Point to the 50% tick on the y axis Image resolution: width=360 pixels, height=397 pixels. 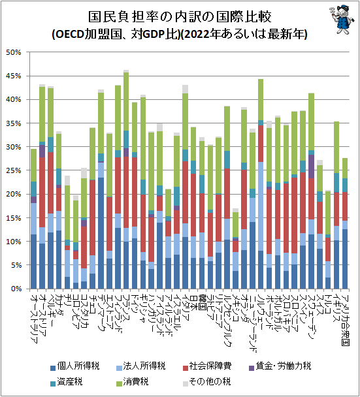[14, 52]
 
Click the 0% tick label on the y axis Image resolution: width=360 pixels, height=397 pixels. [16, 289]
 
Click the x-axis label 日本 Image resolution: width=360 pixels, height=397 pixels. [193, 302]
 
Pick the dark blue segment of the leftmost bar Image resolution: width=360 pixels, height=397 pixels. [34, 261]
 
